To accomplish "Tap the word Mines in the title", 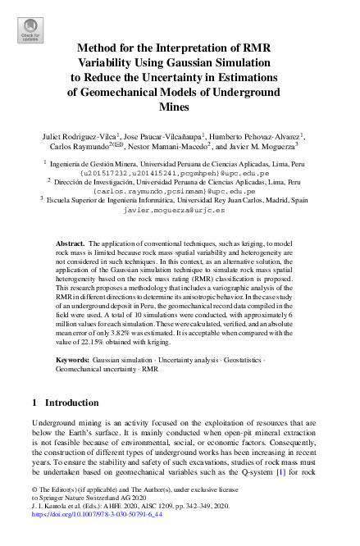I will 180,107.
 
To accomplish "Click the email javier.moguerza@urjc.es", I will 179,210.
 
